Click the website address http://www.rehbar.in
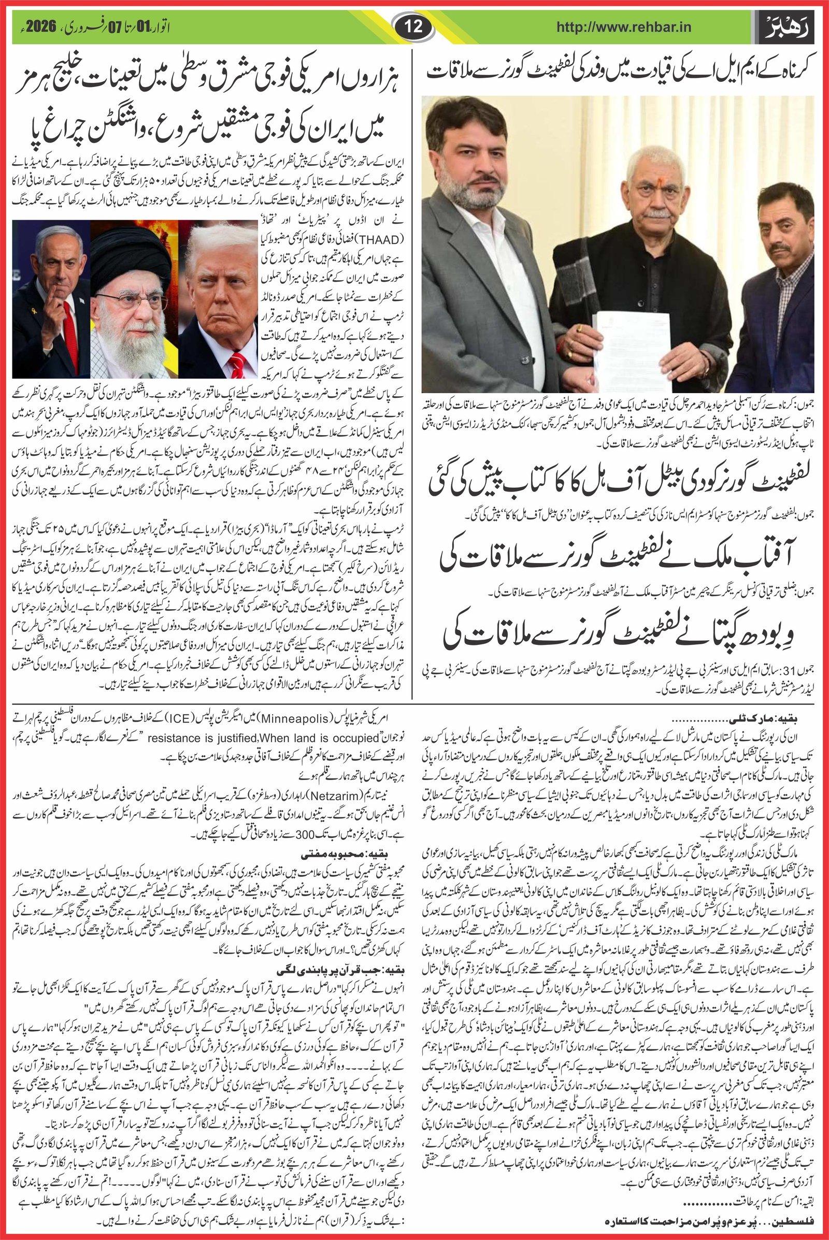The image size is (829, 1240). point(624,26)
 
